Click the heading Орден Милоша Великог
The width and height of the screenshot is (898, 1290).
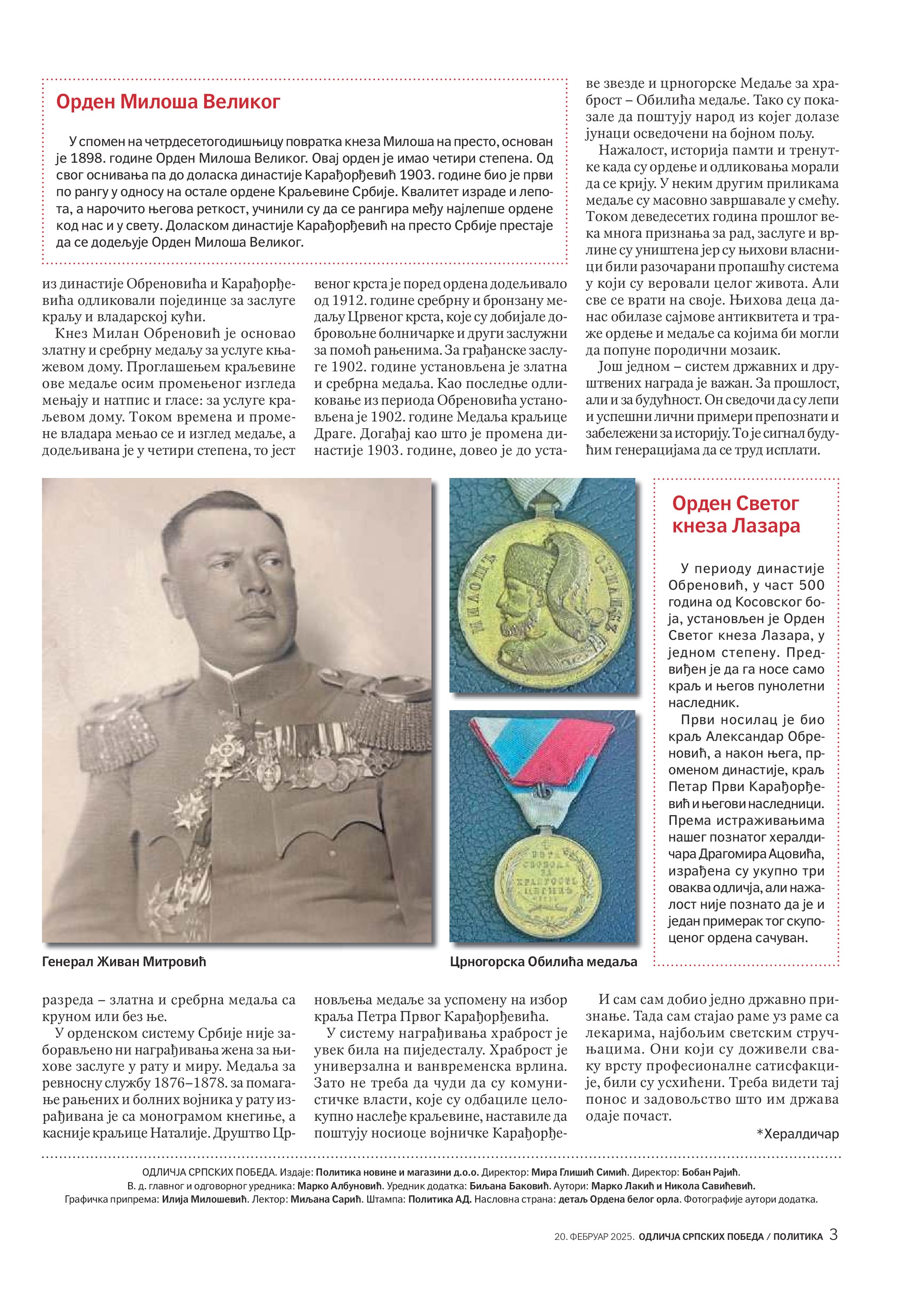168,102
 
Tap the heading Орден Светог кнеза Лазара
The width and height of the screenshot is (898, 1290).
736,514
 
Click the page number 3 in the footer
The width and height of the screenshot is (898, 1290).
833,1235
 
